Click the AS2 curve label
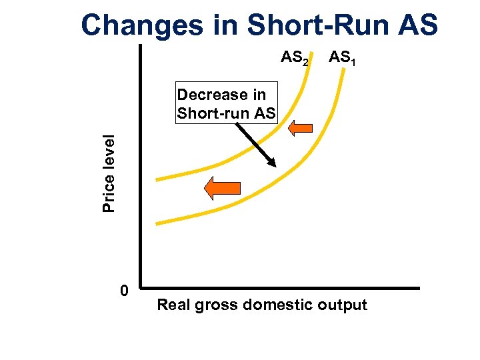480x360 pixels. coord(295,59)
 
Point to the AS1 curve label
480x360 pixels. coord(342,59)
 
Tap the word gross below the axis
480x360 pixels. coord(217,306)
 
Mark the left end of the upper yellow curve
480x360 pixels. coord(157,179)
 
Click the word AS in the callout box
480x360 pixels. coord(263,113)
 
